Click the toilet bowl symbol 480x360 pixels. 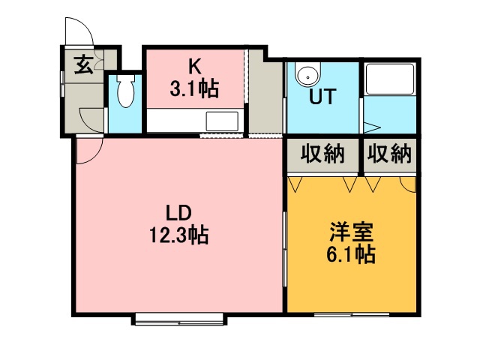125,90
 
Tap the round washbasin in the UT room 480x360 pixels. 307,74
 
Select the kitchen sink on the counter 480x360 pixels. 222,121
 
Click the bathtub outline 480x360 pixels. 390,79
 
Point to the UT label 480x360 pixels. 322,97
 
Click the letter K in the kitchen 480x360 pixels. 195,67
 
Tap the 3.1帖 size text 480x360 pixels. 195,88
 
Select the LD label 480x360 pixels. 178,213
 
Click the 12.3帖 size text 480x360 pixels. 179,235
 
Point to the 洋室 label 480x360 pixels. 352,232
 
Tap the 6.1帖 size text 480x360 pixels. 351,254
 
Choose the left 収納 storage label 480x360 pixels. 322,154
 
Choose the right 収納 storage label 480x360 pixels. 389,154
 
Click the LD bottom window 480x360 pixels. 179,318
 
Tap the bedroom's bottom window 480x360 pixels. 352,314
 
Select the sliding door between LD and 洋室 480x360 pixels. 285,249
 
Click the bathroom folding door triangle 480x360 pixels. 371,127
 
